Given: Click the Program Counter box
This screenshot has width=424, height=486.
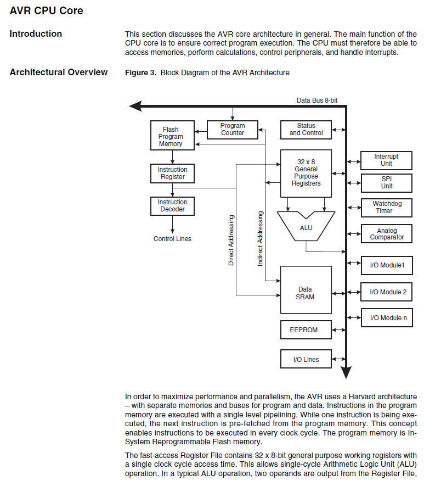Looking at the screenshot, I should (x=233, y=130).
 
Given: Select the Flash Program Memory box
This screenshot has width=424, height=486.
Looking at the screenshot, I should (x=171, y=136).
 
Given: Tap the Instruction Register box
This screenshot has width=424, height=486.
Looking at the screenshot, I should (x=172, y=174).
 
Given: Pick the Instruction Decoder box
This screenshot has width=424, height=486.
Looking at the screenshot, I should (x=172, y=206).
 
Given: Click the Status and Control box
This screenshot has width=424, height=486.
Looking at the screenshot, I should (x=306, y=130).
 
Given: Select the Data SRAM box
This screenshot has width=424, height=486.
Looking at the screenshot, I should (x=306, y=293).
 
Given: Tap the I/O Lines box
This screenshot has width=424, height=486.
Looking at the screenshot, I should (x=306, y=360).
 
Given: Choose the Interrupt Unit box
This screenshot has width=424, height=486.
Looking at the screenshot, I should (x=387, y=160).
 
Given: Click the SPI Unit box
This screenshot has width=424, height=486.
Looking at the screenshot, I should (x=387, y=182).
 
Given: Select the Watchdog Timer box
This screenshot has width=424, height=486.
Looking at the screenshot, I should (x=387, y=208).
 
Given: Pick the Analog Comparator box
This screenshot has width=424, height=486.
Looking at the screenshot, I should (x=387, y=234).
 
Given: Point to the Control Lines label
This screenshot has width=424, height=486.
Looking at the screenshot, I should (x=172, y=239).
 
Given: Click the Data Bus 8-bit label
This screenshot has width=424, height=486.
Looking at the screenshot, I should (x=317, y=100).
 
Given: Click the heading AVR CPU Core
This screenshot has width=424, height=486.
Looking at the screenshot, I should (x=47, y=10).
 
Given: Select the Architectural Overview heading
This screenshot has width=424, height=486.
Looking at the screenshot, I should (x=59, y=72).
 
